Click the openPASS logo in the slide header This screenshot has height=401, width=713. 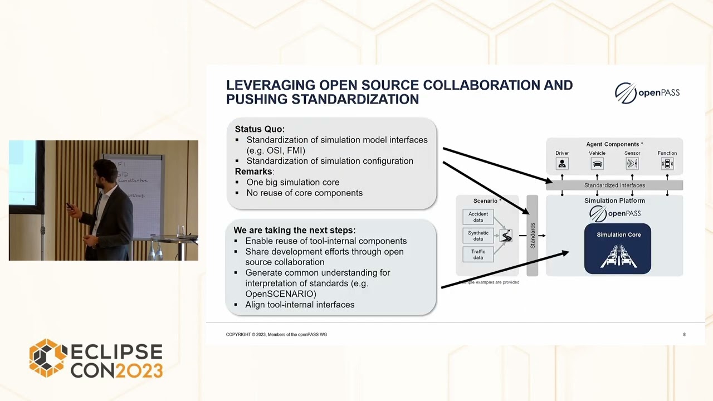(x=647, y=93)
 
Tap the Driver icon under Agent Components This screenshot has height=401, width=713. (x=562, y=164)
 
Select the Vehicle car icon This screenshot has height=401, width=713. (x=597, y=164)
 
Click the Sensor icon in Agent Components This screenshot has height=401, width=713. (x=632, y=164)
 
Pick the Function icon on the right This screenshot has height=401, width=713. (x=667, y=164)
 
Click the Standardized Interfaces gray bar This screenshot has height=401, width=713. (x=614, y=185)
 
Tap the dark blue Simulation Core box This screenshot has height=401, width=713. (x=618, y=249)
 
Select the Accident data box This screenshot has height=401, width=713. (x=478, y=217)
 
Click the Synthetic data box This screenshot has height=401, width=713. (x=478, y=236)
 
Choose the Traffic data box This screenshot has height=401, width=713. (x=478, y=255)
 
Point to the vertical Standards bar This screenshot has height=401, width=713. (x=533, y=236)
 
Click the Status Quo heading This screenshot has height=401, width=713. (x=260, y=129)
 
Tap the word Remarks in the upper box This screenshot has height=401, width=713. (x=253, y=172)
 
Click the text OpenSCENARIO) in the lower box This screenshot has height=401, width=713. (x=281, y=294)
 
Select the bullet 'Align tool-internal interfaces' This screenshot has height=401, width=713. (x=300, y=305)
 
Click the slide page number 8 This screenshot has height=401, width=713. (x=684, y=335)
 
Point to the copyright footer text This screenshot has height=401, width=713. (x=276, y=335)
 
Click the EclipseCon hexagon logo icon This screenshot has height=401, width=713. (x=48, y=358)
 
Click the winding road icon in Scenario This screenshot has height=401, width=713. (x=506, y=236)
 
